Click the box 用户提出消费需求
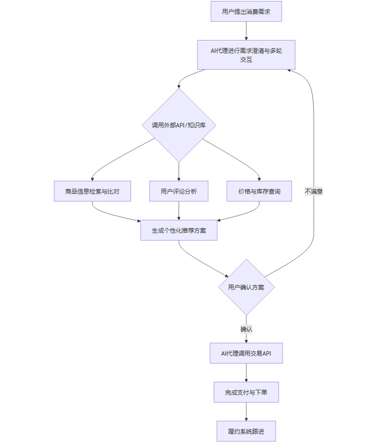tap(246, 11)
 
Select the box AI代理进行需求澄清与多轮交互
tap(246, 55)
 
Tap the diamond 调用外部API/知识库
tap(179, 125)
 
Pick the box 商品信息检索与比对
tap(92, 191)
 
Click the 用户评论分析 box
tap(179, 191)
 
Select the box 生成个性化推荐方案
tap(179, 230)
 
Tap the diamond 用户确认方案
tap(246, 287)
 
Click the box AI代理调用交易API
tap(246, 353)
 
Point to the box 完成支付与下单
tap(246, 392)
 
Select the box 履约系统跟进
tap(246, 431)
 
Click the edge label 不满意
tap(314, 191)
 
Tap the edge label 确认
tap(246, 329)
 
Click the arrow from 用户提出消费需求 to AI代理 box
tap(246, 31)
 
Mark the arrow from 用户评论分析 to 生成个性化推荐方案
tap(179, 210)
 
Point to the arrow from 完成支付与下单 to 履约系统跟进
tap(246, 411)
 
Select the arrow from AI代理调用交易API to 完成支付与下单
tap(246, 372)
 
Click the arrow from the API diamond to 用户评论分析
tap(179, 171)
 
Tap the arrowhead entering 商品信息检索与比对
tap(92, 179)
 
